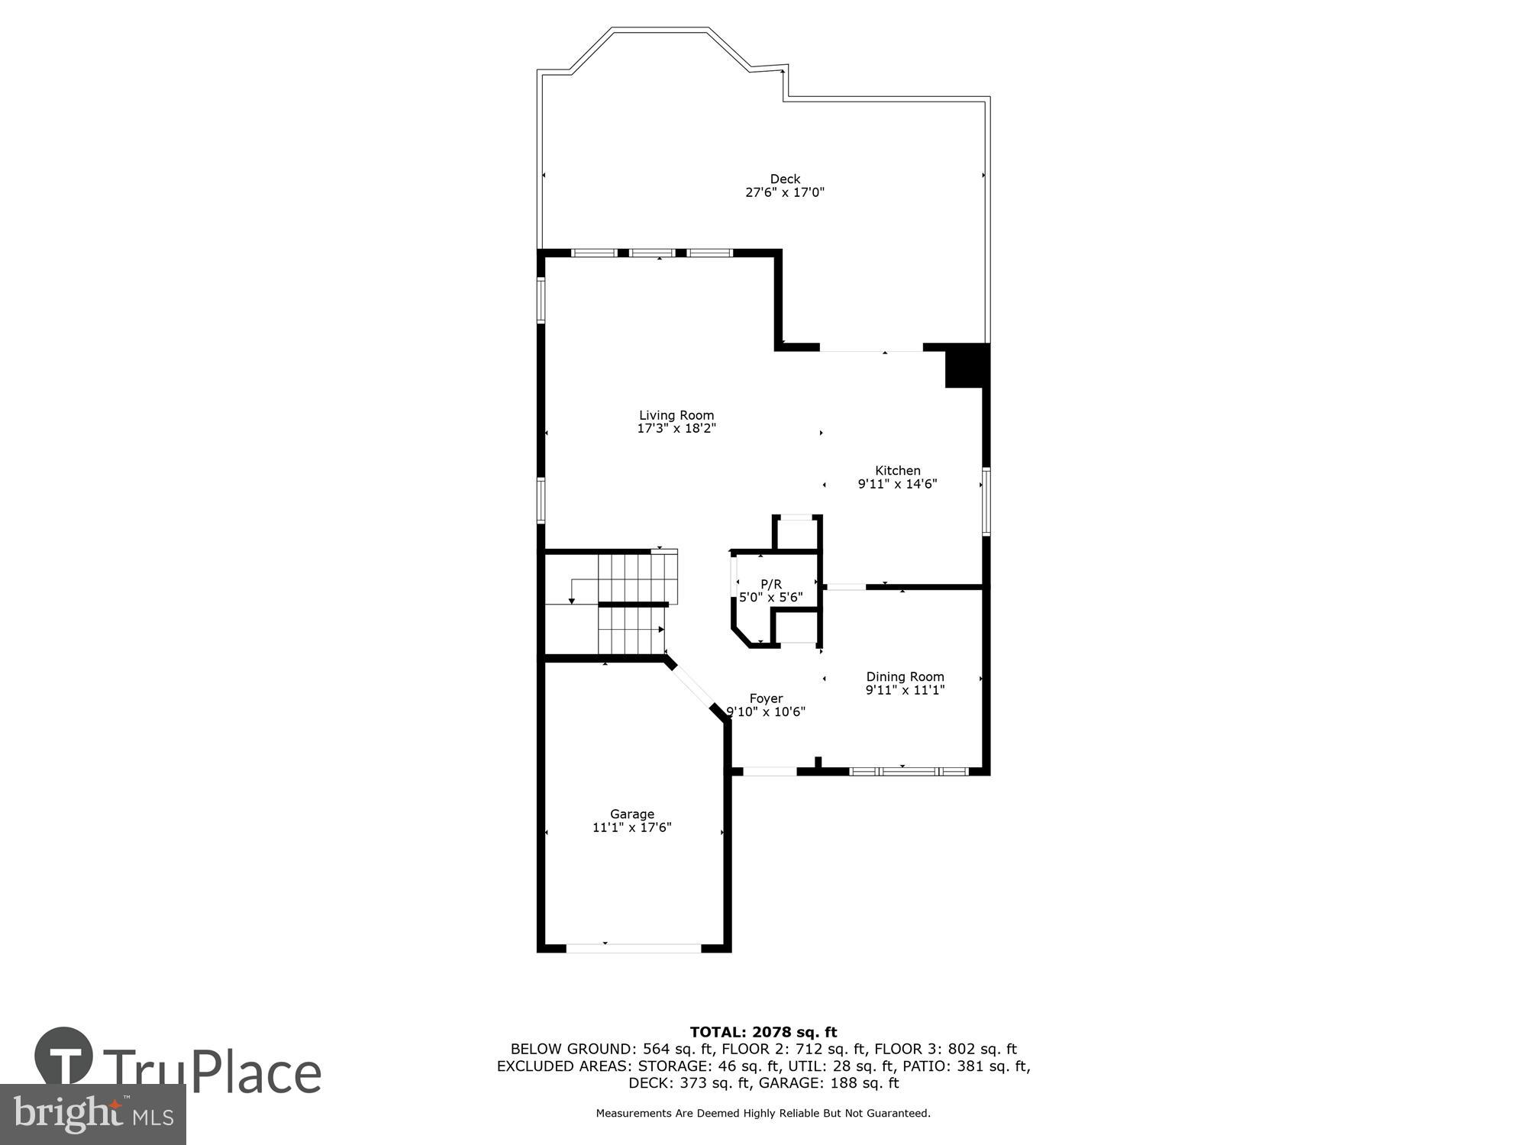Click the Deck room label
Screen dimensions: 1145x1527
(x=784, y=179)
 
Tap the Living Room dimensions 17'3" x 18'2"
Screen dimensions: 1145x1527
(x=676, y=429)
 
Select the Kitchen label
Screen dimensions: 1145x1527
(x=897, y=471)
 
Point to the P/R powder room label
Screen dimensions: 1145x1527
(x=770, y=585)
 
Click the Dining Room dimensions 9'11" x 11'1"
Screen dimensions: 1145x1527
(x=905, y=690)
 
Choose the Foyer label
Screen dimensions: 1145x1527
(x=765, y=698)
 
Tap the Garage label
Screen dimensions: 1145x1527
(x=631, y=814)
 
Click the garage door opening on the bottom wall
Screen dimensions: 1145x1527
(x=633, y=948)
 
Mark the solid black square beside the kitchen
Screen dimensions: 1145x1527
(x=967, y=366)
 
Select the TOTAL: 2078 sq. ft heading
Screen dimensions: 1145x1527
(x=763, y=1033)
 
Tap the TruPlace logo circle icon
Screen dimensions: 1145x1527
(x=64, y=1056)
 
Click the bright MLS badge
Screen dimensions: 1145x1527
(x=92, y=1114)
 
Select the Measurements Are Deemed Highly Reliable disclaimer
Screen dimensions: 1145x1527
(x=763, y=1114)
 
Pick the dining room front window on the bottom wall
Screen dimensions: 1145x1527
(x=909, y=772)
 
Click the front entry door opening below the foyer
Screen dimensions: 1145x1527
(x=770, y=772)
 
